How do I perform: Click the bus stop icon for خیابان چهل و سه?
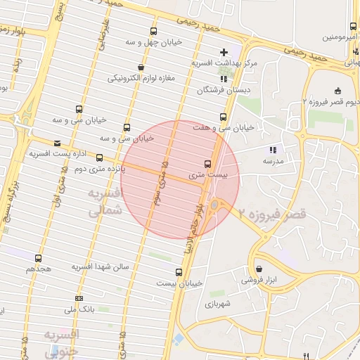tap(154, 31)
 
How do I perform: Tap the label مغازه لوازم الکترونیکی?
tap(146, 78)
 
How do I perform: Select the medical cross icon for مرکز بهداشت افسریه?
tap(224, 51)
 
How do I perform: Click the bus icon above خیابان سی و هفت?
tap(224, 117)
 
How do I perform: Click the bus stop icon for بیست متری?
tap(206, 162)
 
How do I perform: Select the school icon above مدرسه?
tap(274, 150)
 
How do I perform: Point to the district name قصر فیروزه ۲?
tap(272, 213)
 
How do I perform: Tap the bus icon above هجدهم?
tap(38, 259)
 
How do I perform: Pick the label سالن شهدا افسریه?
tap(101, 268)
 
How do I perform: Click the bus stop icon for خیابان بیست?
tap(178, 271)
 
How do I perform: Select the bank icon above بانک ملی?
tap(79, 298)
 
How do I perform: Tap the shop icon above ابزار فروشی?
tap(259, 269)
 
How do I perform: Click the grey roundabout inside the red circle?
tap(214, 205)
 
